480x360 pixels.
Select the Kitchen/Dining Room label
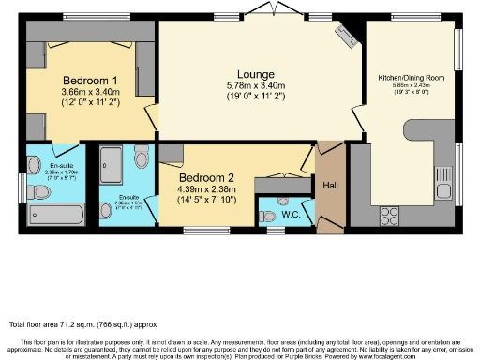[x=412, y=77]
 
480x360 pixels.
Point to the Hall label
[x=330, y=186]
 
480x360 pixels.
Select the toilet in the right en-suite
[x=142, y=156]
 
